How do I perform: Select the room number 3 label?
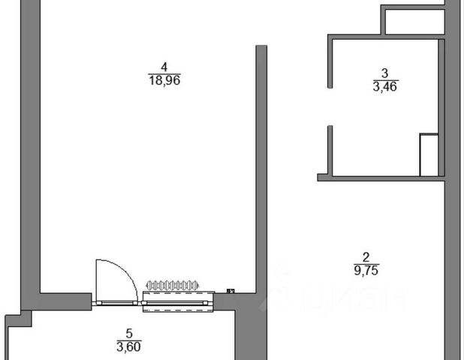[x=385, y=73]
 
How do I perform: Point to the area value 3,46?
[x=385, y=85]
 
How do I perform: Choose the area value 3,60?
[x=128, y=346]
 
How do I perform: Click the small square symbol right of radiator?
[x=230, y=291]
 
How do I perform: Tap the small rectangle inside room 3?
[x=428, y=154]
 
